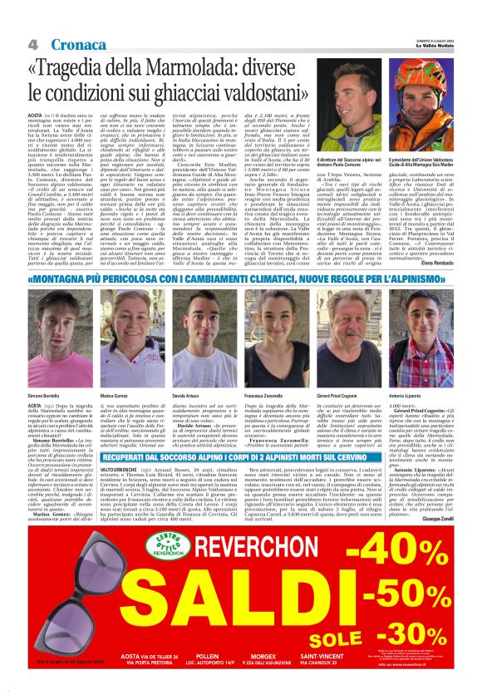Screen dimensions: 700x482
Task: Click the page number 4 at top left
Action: (32, 43)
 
